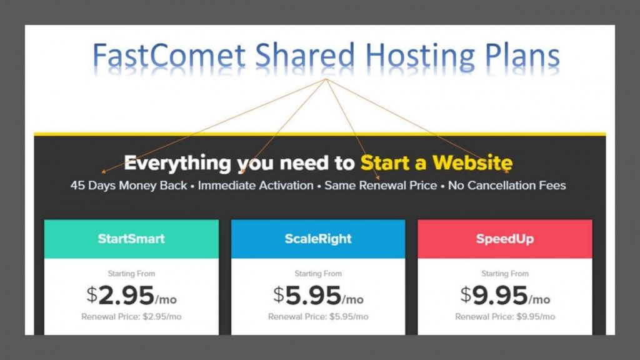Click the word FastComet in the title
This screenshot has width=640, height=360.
[169, 55]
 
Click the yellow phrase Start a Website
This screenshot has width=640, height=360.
[436, 162]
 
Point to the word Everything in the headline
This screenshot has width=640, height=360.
[177, 163]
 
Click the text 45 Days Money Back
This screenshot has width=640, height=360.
[129, 185]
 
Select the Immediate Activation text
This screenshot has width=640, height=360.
[256, 185]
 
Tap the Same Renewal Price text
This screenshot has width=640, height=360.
[381, 185]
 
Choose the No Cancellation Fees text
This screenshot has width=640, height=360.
[507, 185]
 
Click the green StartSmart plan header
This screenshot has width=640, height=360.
[131, 239]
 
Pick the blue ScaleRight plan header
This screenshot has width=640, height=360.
[318, 239]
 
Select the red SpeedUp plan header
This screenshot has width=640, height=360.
[505, 239]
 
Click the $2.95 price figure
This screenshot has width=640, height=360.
[121, 296]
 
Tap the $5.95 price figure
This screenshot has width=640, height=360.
[307, 296]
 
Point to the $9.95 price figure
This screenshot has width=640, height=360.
[494, 296]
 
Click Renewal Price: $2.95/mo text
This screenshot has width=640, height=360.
[131, 317]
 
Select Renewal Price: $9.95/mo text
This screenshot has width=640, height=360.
[505, 317]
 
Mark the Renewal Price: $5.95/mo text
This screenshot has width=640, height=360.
[318, 317]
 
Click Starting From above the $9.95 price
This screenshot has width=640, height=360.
[505, 274]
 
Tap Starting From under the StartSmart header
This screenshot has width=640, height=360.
[131, 274]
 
